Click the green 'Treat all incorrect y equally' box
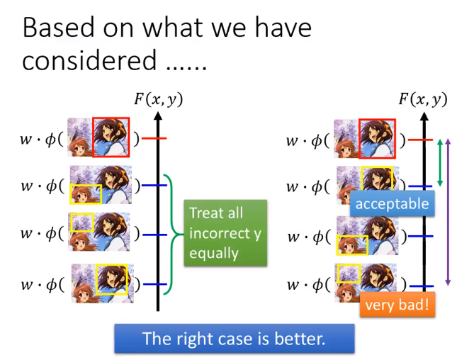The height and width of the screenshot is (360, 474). (225, 232)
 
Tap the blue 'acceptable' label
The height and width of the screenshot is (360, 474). (392, 203)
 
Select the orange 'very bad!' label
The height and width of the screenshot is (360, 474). (397, 305)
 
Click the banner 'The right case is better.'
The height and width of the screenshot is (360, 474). (235, 338)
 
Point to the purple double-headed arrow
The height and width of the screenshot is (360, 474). (448, 212)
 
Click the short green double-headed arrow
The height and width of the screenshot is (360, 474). (440, 162)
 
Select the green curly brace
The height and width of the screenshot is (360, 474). (173, 235)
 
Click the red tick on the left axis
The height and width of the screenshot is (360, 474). (154, 138)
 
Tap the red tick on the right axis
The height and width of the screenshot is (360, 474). (420, 140)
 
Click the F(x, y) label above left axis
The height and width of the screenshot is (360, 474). (159, 99)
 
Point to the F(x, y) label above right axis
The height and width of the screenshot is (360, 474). (423, 99)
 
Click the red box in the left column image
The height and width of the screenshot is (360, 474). (93, 137)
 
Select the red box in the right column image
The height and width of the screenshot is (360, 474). (359, 139)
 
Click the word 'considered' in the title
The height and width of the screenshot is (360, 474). (89, 60)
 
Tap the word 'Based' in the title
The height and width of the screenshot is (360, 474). (59, 28)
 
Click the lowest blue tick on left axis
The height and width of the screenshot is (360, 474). (154, 284)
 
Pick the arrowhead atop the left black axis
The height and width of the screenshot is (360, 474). (158, 116)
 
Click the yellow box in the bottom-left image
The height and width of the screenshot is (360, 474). (96, 280)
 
